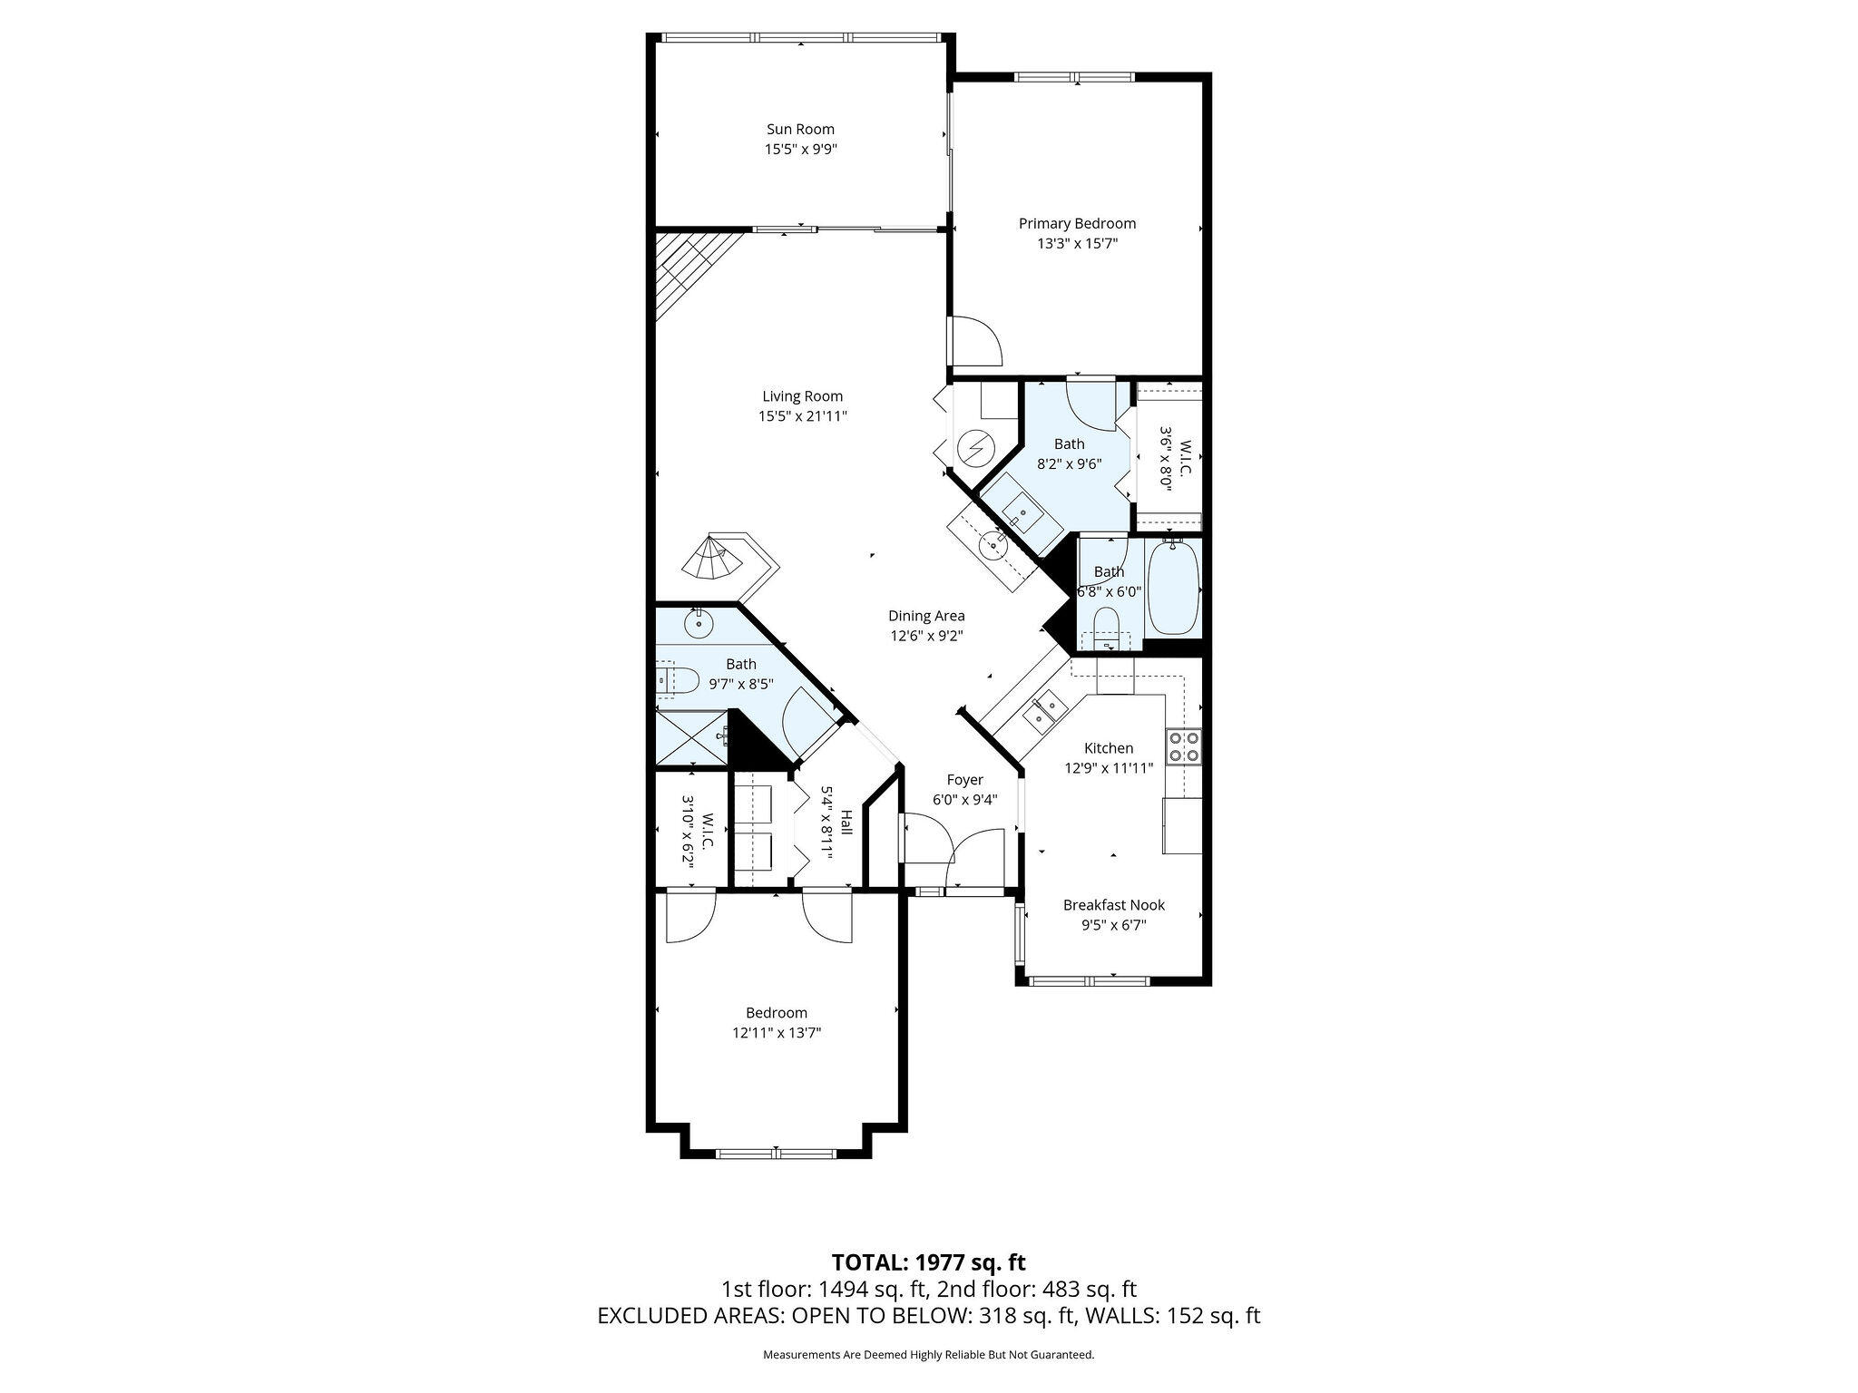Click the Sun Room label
(800, 130)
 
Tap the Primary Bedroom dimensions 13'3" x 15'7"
(1077, 243)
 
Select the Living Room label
(802, 396)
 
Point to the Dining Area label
(926, 616)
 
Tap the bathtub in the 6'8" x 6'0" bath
(1173, 588)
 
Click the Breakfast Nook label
(1114, 905)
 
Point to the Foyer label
(964, 780)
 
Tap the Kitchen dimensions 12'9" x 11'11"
(1109, 768)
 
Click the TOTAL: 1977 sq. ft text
(929, 1261)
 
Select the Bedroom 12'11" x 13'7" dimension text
(777, 1033)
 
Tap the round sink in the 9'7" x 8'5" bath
(699, 623)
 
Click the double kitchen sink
(1043, 710)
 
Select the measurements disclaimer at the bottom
(929, 1355)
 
